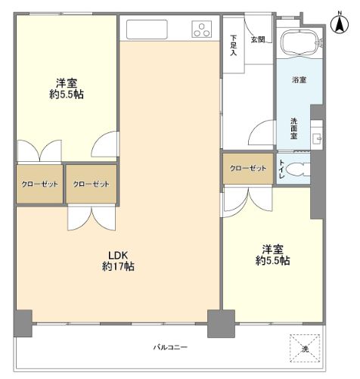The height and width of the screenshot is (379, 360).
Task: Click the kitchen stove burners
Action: [x=202, y=30]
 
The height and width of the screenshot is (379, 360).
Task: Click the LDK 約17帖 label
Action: [x=119, y=261]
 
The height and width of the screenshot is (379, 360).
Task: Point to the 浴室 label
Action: [x=299, y=79]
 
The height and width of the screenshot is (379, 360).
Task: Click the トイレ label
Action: [x=281, y=168]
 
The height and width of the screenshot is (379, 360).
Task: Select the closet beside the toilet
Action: [x=247, y=168]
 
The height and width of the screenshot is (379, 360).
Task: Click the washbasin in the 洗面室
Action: [x=316, y=138]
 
